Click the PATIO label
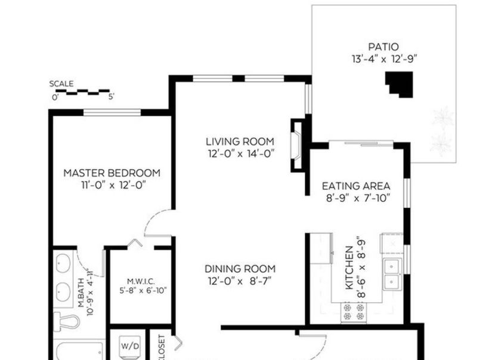(384, 47)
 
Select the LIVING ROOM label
(240, 141)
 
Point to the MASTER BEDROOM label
(112, 173)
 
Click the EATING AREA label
(356, 186)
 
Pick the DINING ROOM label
(240, 269)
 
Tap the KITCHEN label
(349, 267)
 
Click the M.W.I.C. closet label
(141, 282)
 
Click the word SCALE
(61, 84)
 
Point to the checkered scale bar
(82, 92)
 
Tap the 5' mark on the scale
(111, 97)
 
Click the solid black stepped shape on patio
(400, 84)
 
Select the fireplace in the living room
(296, 146)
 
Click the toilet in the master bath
(67, 321)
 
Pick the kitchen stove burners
(354, 312)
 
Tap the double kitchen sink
(391, 274)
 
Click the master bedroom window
(112, 113)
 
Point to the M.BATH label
(81, 293)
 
